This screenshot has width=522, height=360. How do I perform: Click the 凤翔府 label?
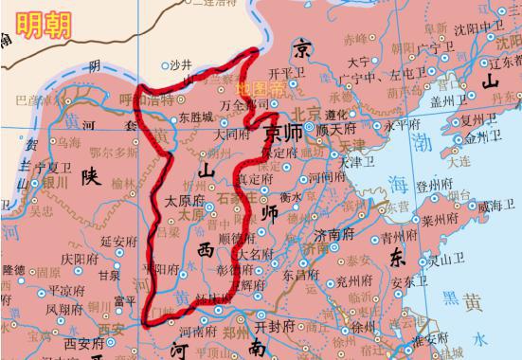click(65, 309)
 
